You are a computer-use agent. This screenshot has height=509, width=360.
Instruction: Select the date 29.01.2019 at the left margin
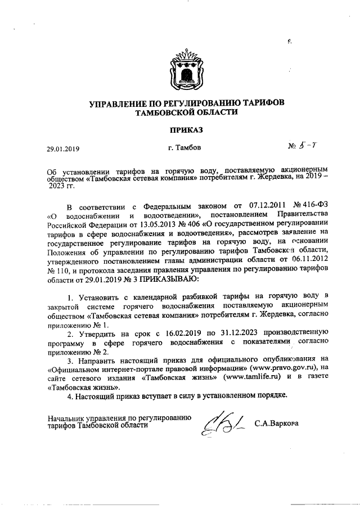(63, 149)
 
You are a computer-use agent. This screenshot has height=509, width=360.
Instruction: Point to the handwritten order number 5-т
(309, 146)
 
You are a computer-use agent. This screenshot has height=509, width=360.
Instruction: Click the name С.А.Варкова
(277, 422)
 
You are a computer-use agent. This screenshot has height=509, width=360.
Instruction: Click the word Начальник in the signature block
(66, 418)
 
